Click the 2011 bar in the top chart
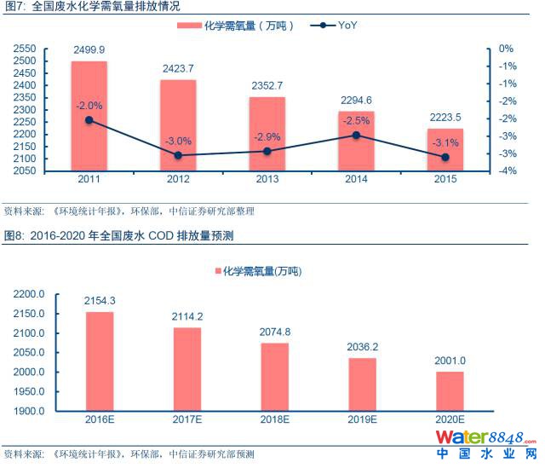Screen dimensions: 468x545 pos(89,116)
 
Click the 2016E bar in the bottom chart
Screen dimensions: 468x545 pos(100,361)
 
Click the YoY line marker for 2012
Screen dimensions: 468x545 pos(179,155)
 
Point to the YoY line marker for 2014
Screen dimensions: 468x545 pos(355,135)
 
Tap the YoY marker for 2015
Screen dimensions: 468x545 pos(445,157)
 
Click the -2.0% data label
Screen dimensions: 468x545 pos(89,106)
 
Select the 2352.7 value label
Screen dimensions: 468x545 pos(267,85)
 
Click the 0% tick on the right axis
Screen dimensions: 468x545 pos(507,49)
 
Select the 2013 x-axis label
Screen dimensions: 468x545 pos(267,181)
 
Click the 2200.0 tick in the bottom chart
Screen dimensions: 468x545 pos(31,294)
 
